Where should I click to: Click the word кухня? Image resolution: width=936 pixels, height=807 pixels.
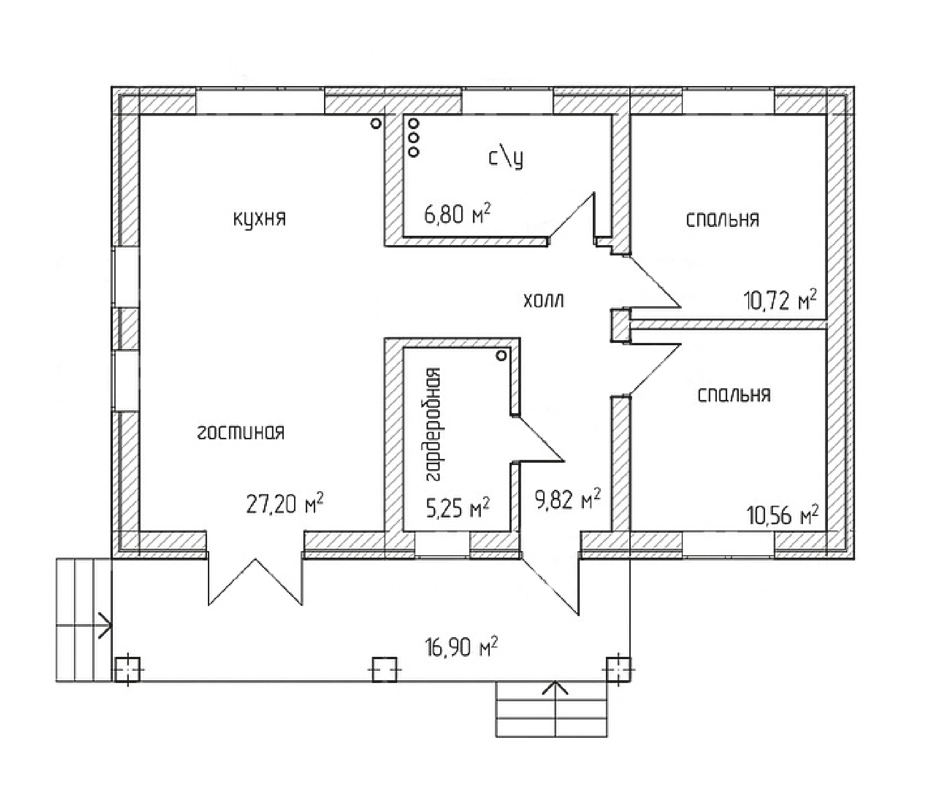pos(259,219)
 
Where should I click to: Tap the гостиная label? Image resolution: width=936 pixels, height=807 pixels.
pos(241,432)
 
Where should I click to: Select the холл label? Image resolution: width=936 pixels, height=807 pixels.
pos(543,300)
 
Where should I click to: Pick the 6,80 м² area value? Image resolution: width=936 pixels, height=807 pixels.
pos(457,214)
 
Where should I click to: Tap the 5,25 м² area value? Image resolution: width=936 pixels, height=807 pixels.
pos(457,507)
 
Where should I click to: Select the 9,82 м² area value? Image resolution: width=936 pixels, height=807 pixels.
pos(567,499)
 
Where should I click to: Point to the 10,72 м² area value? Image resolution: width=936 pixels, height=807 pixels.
pos(780,300)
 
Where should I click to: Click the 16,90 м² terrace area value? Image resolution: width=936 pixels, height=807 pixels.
pos(461,647)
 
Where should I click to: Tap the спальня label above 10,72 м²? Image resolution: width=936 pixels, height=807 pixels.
pos(722,219)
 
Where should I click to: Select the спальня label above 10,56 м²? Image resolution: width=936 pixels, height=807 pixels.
pos(734,395)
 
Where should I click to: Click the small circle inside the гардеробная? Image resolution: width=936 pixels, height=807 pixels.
pos(501,356)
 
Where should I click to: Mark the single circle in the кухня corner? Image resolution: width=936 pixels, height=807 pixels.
pos(376,124)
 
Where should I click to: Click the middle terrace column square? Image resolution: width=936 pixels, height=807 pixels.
pos(384,669)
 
